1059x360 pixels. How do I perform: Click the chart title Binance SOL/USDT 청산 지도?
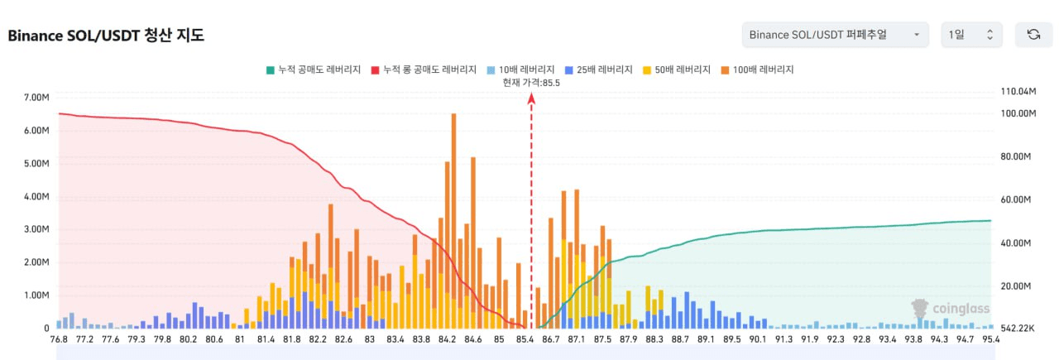tap(106, 36)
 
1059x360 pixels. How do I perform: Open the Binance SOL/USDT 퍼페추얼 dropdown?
tap(834, 35)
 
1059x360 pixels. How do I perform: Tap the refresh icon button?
tap(1033, 35)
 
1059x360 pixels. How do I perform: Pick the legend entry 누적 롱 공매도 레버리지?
tap(424, 70)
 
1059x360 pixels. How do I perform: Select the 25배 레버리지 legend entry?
tap(599, 70)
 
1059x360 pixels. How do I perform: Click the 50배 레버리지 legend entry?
tap(677, 70)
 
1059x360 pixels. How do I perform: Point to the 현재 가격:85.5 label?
tap(531, 82)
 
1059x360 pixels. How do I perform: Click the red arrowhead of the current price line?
tap(531, 98)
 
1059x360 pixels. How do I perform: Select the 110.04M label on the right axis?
tap(1018, 91)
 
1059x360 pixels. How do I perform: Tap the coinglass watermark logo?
tap(951, 309)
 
